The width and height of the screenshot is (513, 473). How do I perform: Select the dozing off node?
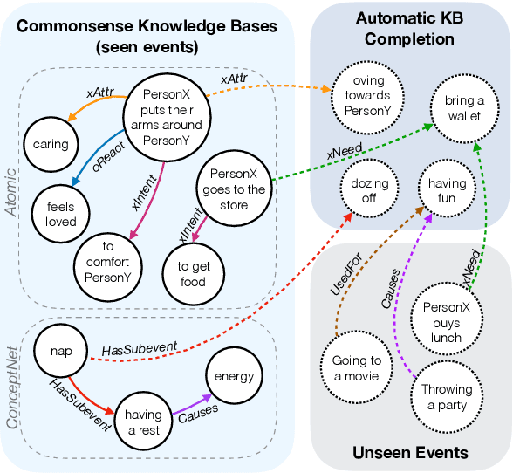click(369, 191)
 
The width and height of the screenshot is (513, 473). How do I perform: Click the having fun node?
click(447, 191)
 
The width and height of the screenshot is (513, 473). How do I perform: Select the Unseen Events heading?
click(410, 452)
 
